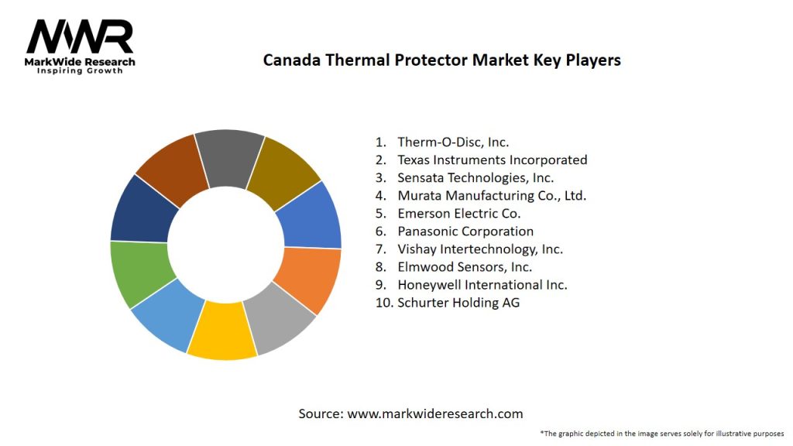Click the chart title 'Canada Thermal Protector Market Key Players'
tap(441, 60)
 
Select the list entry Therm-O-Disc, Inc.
tap(453, 142)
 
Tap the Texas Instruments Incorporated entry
tap(492, 160)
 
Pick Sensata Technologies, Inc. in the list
tap(475, 177)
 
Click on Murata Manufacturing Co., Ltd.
tap(492, 195)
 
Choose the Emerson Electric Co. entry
tap(458, 213)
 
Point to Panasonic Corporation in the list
tap(465, 231)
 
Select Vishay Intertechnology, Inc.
tap(480, 249)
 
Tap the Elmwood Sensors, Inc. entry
tap(465, 266)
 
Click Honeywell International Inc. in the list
tap(482, 284)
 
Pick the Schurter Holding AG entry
tap(458, 302)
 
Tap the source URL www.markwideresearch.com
tap(434, 413)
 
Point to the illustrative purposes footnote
tap(662, 433)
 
